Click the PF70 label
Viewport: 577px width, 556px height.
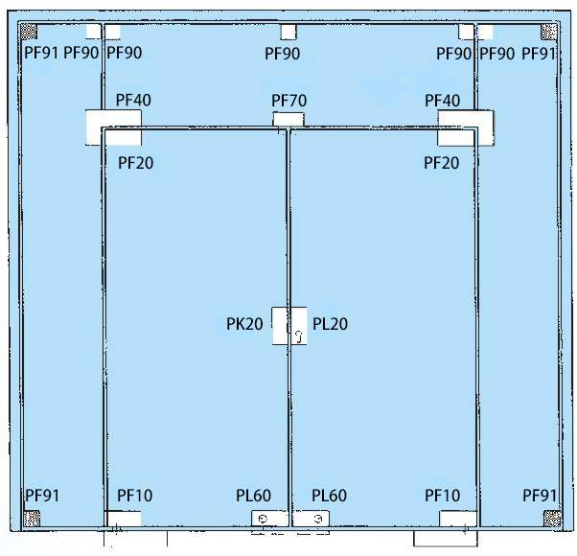(288, 101)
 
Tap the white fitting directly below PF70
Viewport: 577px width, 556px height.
(288, 119)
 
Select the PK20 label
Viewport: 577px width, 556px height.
(244, 324)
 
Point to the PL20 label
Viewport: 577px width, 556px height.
(330, 324)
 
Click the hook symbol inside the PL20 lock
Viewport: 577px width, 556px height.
(299, 336)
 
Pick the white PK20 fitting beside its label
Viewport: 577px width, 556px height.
(279, 326)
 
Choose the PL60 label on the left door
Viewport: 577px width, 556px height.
(253, 496)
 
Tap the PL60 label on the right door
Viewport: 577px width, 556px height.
(329, 496)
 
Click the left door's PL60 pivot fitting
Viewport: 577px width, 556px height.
(269, 519)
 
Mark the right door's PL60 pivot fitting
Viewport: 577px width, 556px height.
(311, 519)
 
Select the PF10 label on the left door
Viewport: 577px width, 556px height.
(135, 496)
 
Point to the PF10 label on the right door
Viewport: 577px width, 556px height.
(442, 496)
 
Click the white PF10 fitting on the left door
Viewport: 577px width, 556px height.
(124, 519)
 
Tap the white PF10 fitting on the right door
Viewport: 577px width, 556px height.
(458, 519)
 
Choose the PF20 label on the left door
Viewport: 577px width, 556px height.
(135, 163)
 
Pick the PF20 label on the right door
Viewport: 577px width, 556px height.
(441, 163)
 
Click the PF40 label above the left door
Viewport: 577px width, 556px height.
(133, 100)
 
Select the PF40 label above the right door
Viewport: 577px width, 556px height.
(442, 101)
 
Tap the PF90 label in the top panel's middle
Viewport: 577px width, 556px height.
(282, 54)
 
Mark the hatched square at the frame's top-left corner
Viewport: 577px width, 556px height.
(29, 32)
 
